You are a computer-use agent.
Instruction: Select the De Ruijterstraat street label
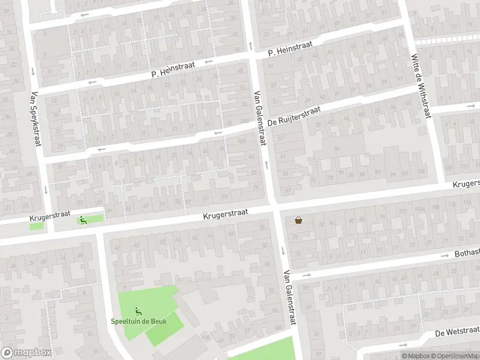294,116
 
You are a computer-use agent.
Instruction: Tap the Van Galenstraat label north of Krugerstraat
260,117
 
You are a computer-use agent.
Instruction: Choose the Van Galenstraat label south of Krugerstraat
291,298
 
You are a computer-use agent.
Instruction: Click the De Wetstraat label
457,331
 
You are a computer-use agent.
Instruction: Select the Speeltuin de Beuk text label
139,321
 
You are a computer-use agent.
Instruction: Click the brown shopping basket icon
298,220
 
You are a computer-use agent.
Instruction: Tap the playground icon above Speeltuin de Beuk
139,310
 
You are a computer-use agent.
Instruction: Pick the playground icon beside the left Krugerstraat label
82,220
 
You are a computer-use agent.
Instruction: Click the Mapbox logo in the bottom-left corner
26,353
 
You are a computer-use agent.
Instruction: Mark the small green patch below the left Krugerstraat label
37,226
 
